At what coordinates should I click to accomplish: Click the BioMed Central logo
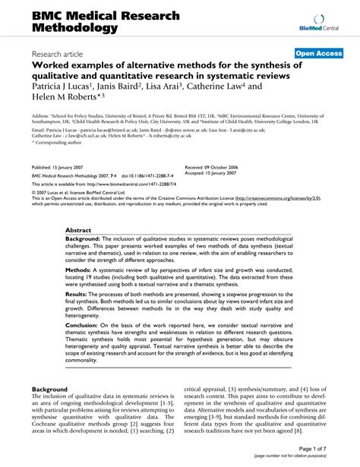click(x=319, y=22)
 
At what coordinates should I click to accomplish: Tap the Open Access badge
click(x=317, y=54)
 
